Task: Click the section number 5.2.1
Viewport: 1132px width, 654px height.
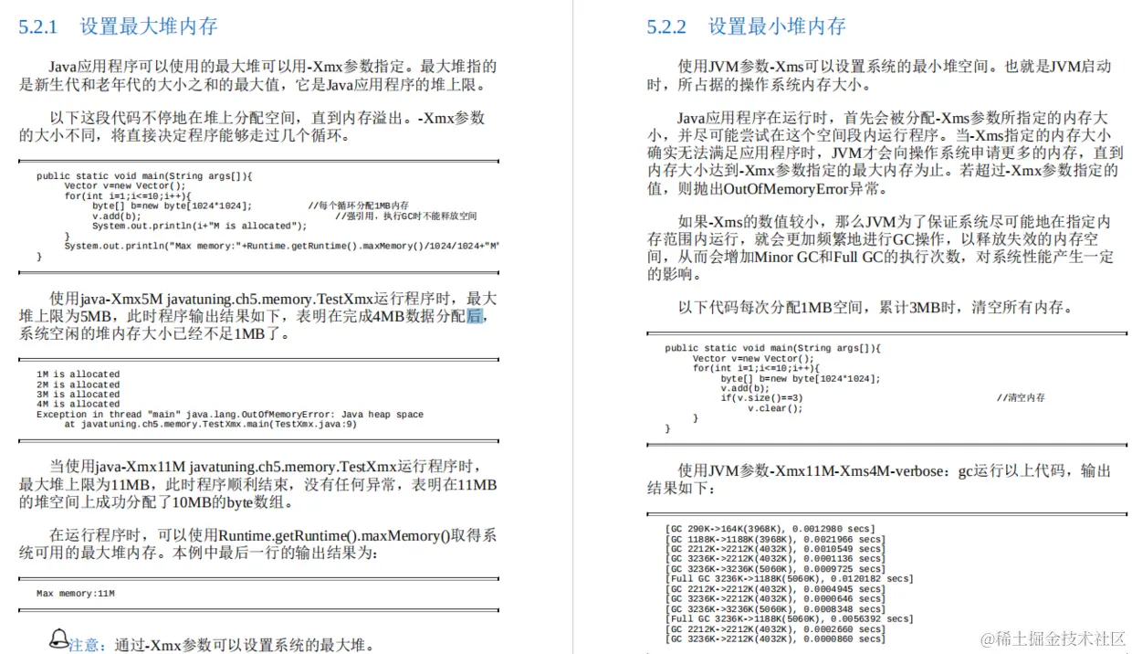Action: point(38,26)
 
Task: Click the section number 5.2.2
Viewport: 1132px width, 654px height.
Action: point(666,26)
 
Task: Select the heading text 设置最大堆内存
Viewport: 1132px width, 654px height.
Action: point(149,26)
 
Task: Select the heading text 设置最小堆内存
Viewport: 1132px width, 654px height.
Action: point(777,26)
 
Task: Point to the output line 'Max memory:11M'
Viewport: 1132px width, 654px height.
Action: point(76,594)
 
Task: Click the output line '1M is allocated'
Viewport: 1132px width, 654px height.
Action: point(78,374)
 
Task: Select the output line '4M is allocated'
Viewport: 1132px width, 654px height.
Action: point(78,405)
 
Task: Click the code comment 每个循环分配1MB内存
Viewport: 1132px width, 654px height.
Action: point(359,206)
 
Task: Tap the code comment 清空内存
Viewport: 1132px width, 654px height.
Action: point(1022,398)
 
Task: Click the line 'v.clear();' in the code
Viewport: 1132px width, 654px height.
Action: point(775,408)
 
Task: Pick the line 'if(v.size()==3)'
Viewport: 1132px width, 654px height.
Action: point(761,398)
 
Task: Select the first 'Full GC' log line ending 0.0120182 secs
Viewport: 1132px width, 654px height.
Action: point(789,579)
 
